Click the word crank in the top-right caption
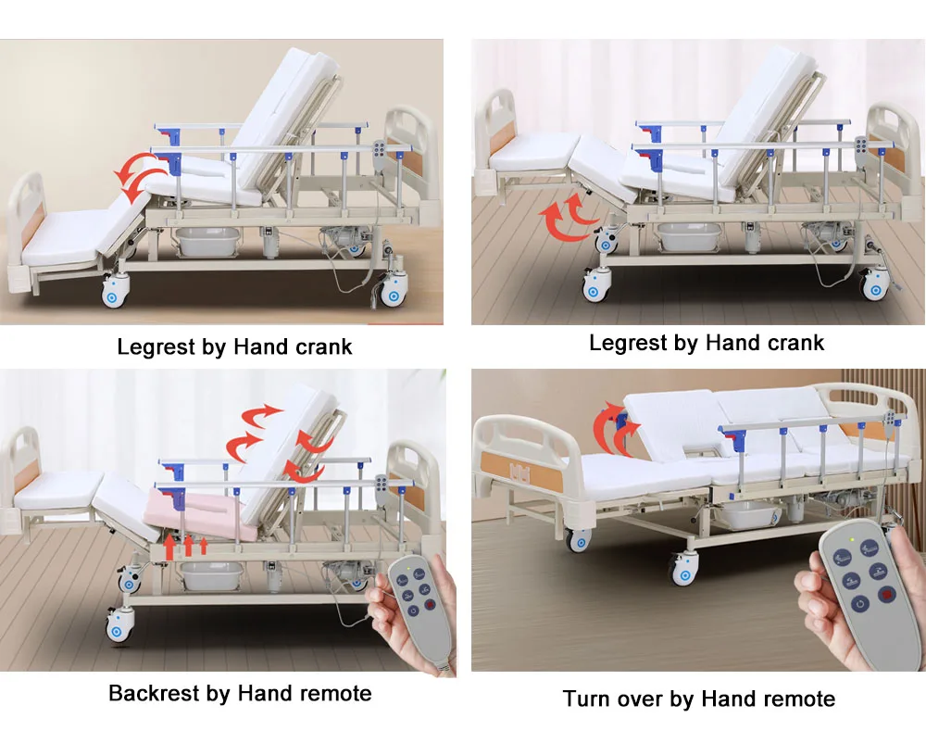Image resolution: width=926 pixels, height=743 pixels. click(789, 344)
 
